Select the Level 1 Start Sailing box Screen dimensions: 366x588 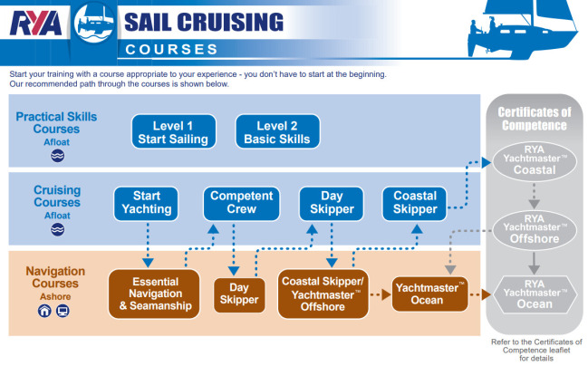pyautogui.click(x=173, y=132)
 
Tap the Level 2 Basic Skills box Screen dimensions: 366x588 pyautogui.click(x=277, y=132)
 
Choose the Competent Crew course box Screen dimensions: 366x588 pyautogui.click(x=241, y=203)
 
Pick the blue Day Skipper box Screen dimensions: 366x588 pyautogui.click(x=331, y=203)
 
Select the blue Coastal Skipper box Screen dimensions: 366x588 pyautogui.click(x=415, y=203)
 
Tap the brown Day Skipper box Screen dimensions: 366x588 pyautogui.click(x=238, y=292)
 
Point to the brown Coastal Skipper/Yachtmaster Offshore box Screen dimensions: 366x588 pyautogui.click(x=323, y=292)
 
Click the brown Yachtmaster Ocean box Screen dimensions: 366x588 pyautogui.click(x=430, y=293)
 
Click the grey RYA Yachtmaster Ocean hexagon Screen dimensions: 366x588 pyautogui.click(x=534, y=292)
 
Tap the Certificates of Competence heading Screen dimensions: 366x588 pyautogui.click(x=534, y=118)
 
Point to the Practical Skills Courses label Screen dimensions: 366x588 pyautogui.click(x=56, y=122)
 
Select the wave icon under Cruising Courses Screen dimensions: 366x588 pyautogui.click(x=57, y=230)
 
